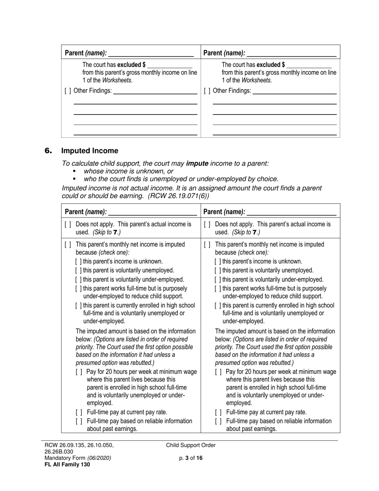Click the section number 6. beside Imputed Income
click(48, 151)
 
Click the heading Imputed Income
click(89, 151)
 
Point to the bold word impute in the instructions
click(197, 163)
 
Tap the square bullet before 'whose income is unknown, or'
click(74, 171)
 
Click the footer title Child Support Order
click(191, 445)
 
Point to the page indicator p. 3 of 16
click(191, 458)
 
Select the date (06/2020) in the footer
click(99, 458)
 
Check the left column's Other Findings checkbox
click(68, 91)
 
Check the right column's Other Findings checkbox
click(207, 91)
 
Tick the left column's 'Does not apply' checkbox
click(68, 224)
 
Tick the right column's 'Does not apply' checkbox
click(207, 224)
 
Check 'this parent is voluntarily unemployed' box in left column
click(79, 271)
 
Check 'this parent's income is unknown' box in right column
click(218, 261)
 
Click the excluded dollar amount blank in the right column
click(309, 65)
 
